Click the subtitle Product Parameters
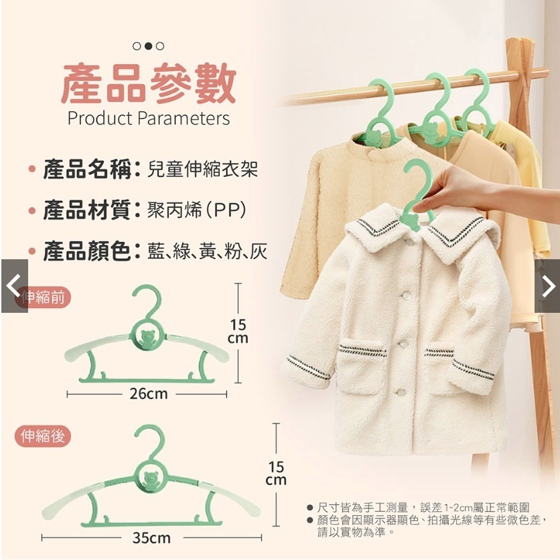click(x=148, y=119)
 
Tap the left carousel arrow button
click(x=13, y=286)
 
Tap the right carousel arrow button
click(x=547, y=286)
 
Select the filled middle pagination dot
click(x=149, y=46)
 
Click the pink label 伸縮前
click(x=44, y=297)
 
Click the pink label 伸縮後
click(x=43, y=437)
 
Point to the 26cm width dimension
click(x=148, y=394)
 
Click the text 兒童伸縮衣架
click(x=202, y=169)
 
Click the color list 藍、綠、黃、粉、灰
click(x=208, y=252)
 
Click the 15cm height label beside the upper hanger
click(x=238, y=332)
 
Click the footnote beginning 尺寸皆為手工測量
click(x=424, y=509)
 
